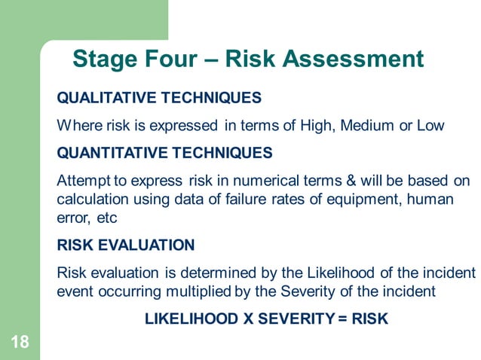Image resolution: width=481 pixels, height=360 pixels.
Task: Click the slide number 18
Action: tap(20, 343)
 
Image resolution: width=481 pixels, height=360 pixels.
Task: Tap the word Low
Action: tap(430, 125)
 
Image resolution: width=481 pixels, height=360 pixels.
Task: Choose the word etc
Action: tap(104, 218)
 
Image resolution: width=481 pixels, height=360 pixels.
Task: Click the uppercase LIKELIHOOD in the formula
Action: tap(191, 319)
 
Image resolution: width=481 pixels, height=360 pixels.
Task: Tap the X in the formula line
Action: tap(247, 319)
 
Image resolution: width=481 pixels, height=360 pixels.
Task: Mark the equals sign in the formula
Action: tap(342, 319)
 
